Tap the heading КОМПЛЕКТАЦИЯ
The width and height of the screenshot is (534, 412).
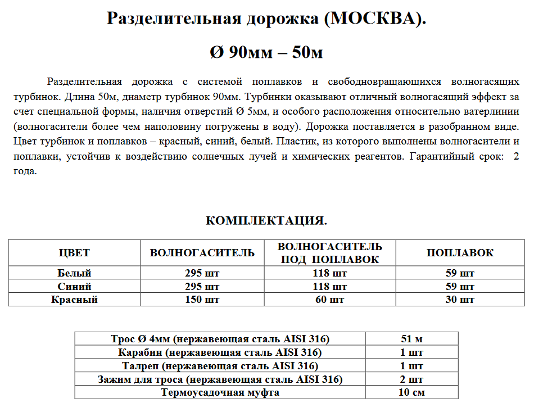pos(266,220)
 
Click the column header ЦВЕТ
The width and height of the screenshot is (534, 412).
pos(74,253)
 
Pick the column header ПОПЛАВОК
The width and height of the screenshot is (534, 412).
pos(460,253)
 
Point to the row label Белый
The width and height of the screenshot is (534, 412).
pos(74,274)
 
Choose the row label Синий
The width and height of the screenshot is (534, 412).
pos(74,287)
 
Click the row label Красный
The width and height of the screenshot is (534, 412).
pos(74,300)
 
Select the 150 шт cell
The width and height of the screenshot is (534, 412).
pos(202,300)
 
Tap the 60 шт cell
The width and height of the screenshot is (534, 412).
pos(329,300)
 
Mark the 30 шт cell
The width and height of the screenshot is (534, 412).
pos(460,300)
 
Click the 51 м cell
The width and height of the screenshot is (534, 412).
pos(411,339)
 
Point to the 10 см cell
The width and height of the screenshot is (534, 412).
pos(411,392)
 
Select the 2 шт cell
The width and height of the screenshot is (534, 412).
pos(411,379)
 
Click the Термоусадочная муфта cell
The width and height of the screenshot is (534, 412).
pos(220,392)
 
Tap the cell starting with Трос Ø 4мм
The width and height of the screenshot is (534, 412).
pos(220,339)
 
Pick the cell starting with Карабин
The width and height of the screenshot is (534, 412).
pos(220,352)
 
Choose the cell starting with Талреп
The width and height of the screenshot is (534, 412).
pos(220,366)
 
